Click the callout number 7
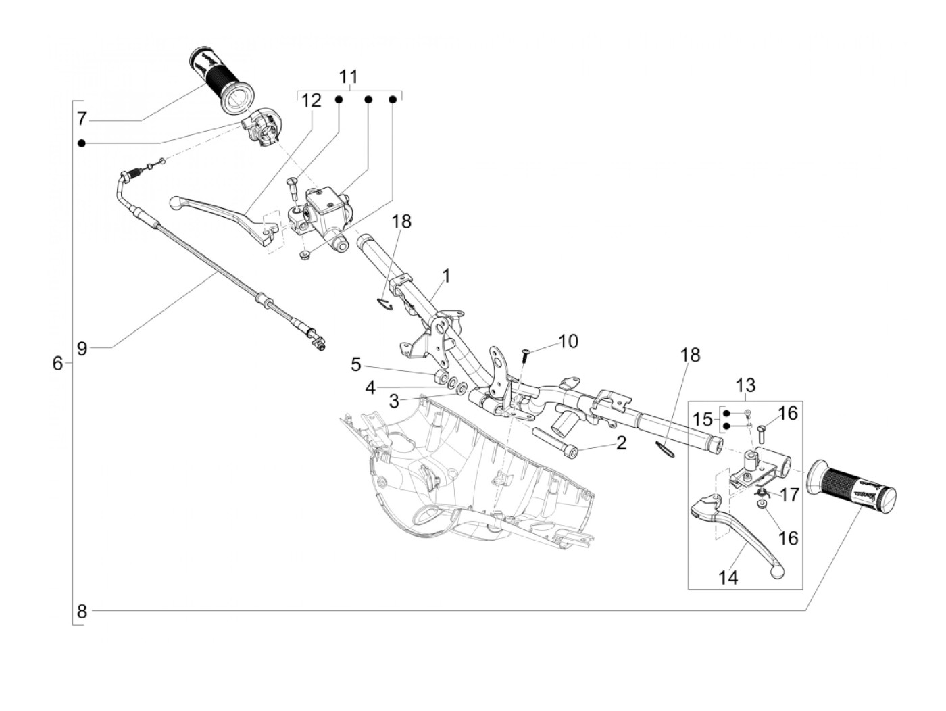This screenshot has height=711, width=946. tap(81, 120)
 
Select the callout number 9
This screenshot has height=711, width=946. tap(82, 349)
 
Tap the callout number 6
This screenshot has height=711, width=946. tap(57, 364)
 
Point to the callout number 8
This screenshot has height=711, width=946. tap(82, 612)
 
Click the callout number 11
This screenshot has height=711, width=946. tap(349, 76)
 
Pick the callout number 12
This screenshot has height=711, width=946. tap(312, 101)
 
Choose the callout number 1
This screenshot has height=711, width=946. tap(446, 275)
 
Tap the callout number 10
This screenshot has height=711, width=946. tap(568, 341)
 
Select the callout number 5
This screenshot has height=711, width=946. tap(356, 366)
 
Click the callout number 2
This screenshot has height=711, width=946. tap(621, 443)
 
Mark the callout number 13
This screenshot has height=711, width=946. tap(745, 386)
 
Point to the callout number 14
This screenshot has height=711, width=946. tap(728, 577)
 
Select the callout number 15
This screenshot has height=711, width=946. tap(703, 420)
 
